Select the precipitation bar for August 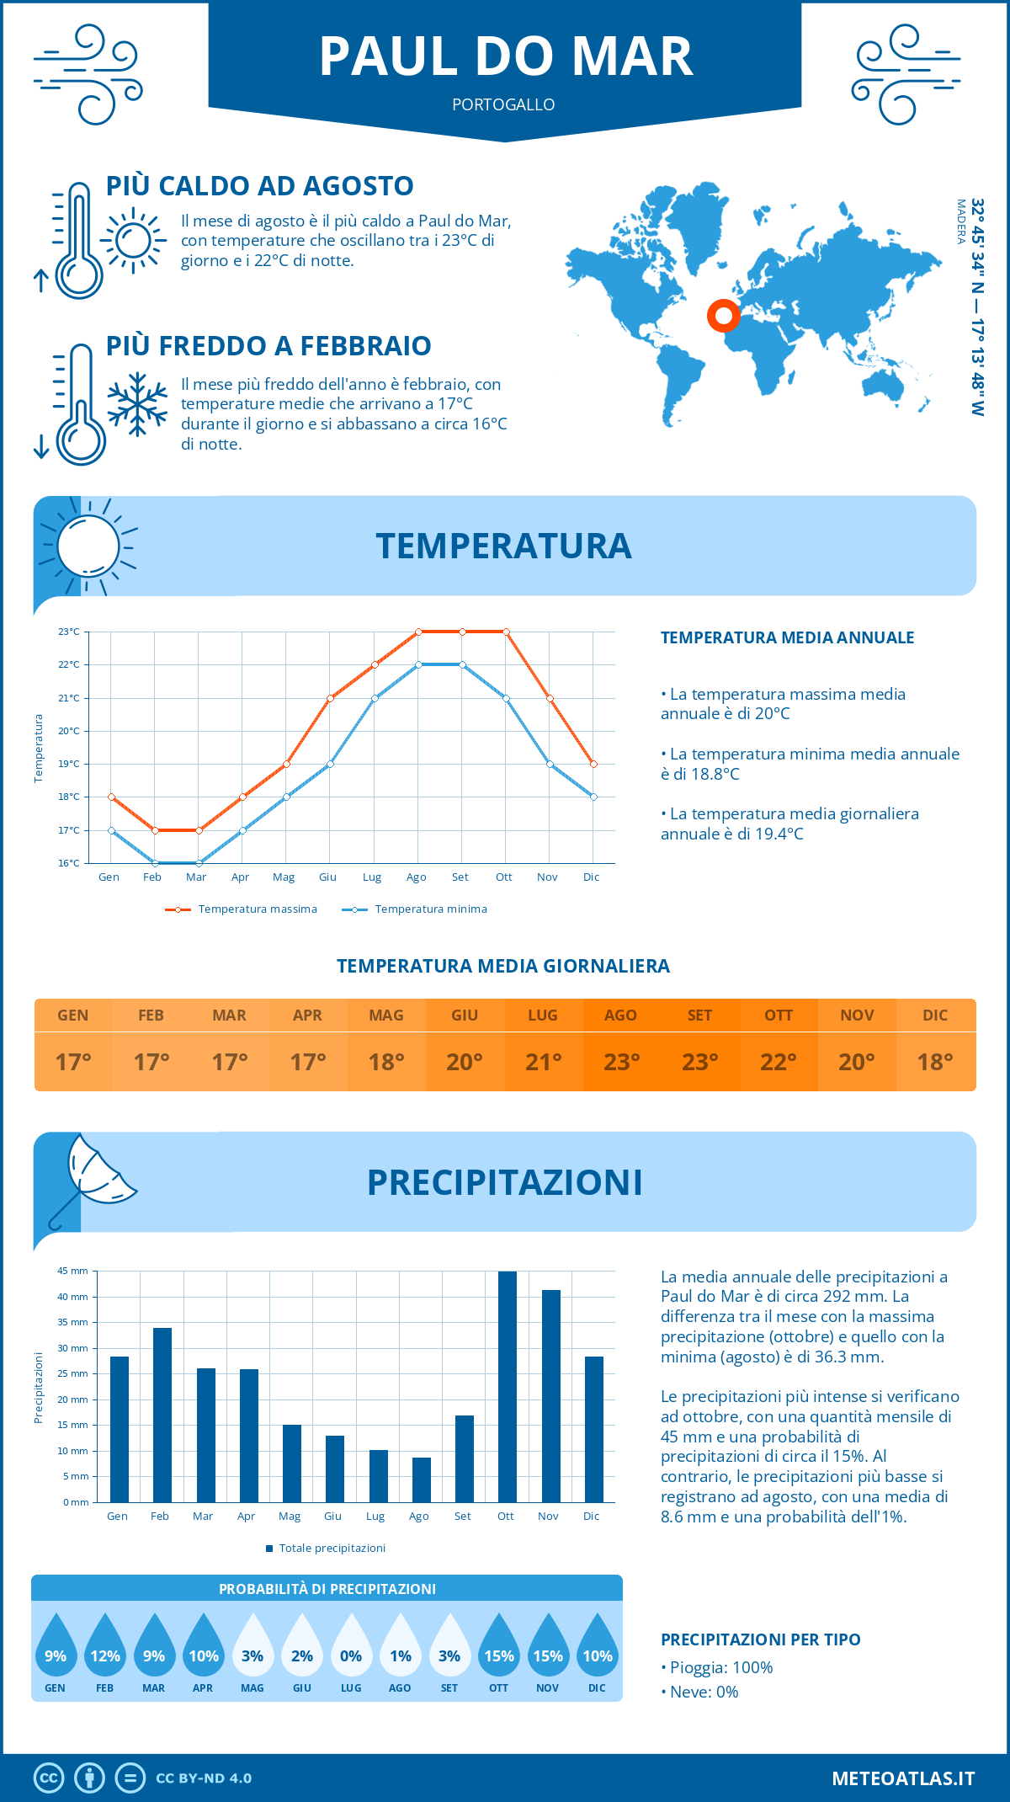421,1479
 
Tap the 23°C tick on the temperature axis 69,632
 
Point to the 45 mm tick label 72,1271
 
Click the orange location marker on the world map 723,316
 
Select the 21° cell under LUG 543,1062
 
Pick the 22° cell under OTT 779,1062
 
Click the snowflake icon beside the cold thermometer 137,404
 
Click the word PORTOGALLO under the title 503,104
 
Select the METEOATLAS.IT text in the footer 902,1778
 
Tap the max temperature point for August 418,632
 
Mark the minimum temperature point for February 155,863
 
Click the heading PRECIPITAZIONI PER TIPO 760,1639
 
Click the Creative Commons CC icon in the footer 49,1778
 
